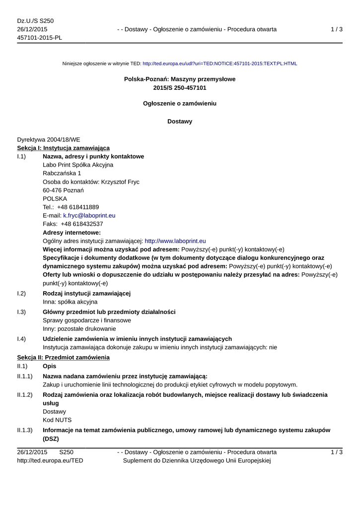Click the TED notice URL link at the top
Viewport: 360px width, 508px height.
tap(219, 63)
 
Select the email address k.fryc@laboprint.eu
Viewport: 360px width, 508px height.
tap(89, 216)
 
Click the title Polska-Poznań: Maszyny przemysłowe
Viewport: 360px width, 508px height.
tap(180, 79)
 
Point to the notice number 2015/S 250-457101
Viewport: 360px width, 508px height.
tap(180, 88)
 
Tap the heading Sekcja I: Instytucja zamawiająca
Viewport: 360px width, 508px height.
tap(63, 148)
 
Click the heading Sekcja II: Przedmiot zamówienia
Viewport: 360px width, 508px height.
tap(63, 357)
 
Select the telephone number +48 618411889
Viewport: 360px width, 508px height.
tap(78, 207)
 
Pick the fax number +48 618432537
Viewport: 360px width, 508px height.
tap(82, 224)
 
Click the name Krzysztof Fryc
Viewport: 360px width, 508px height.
tap(120, 182)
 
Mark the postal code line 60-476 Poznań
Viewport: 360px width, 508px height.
tap(63, 190)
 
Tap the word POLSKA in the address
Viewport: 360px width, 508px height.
tap(55, 198)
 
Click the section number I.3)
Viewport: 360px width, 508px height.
tap(21, 312)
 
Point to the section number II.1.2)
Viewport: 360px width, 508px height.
tap(25, 395)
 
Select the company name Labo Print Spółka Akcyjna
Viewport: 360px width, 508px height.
tap(78, 165)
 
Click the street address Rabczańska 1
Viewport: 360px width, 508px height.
tap(62, 173)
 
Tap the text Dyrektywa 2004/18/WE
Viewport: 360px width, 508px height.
tap(48, 140)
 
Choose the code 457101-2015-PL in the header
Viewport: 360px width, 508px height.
tap(39, 38)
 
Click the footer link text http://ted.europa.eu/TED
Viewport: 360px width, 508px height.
tap(50, 461)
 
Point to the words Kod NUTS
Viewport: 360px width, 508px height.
tap(57, 420)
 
